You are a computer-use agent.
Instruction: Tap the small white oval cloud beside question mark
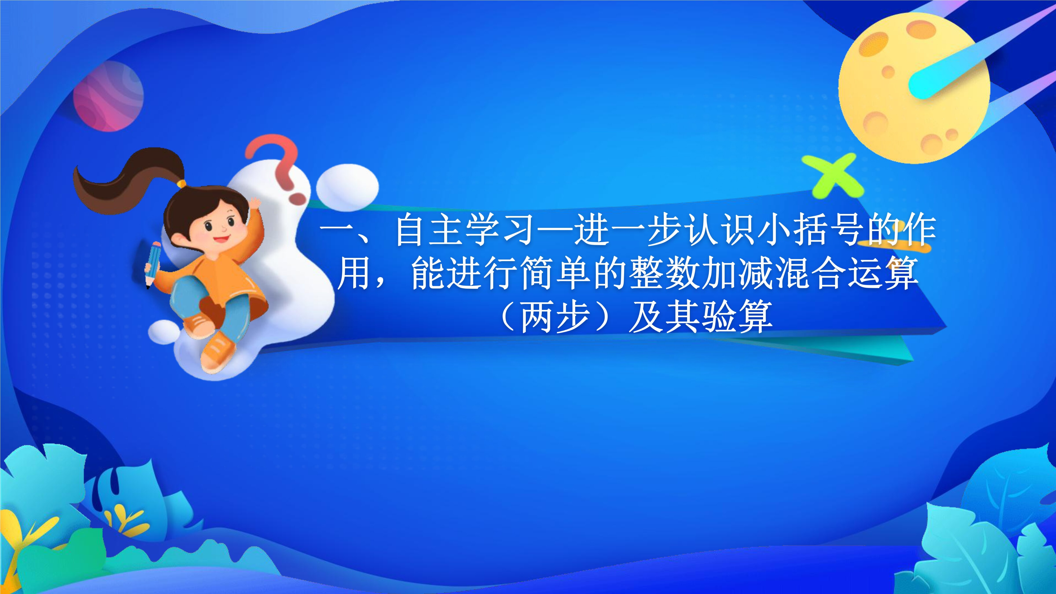tap(348, 188)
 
